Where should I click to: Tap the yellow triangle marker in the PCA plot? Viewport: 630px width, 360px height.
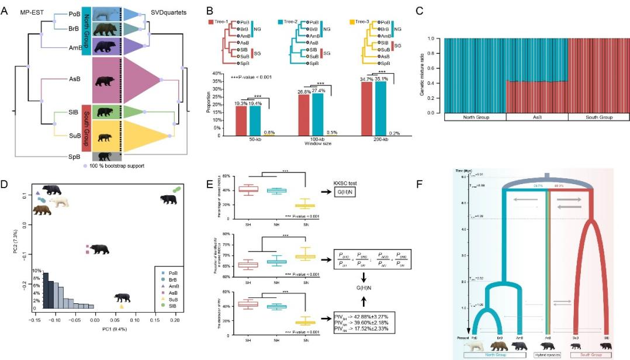tap(122, 306)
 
